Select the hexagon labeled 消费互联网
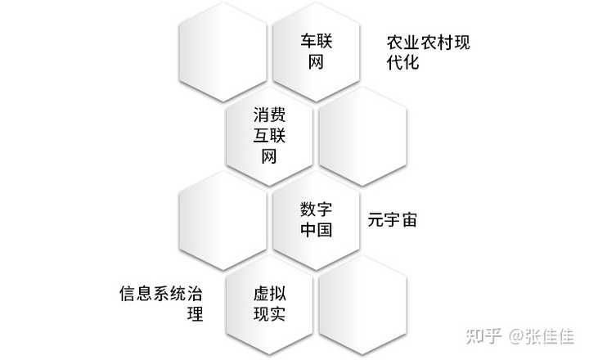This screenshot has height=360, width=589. coord(270,136)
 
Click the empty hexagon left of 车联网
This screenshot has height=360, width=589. coord(223,51)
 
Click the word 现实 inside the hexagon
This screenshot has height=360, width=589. coord(270,315)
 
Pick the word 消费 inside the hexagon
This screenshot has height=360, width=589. coord(270,116)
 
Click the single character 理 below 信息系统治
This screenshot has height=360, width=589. coord(195,314)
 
